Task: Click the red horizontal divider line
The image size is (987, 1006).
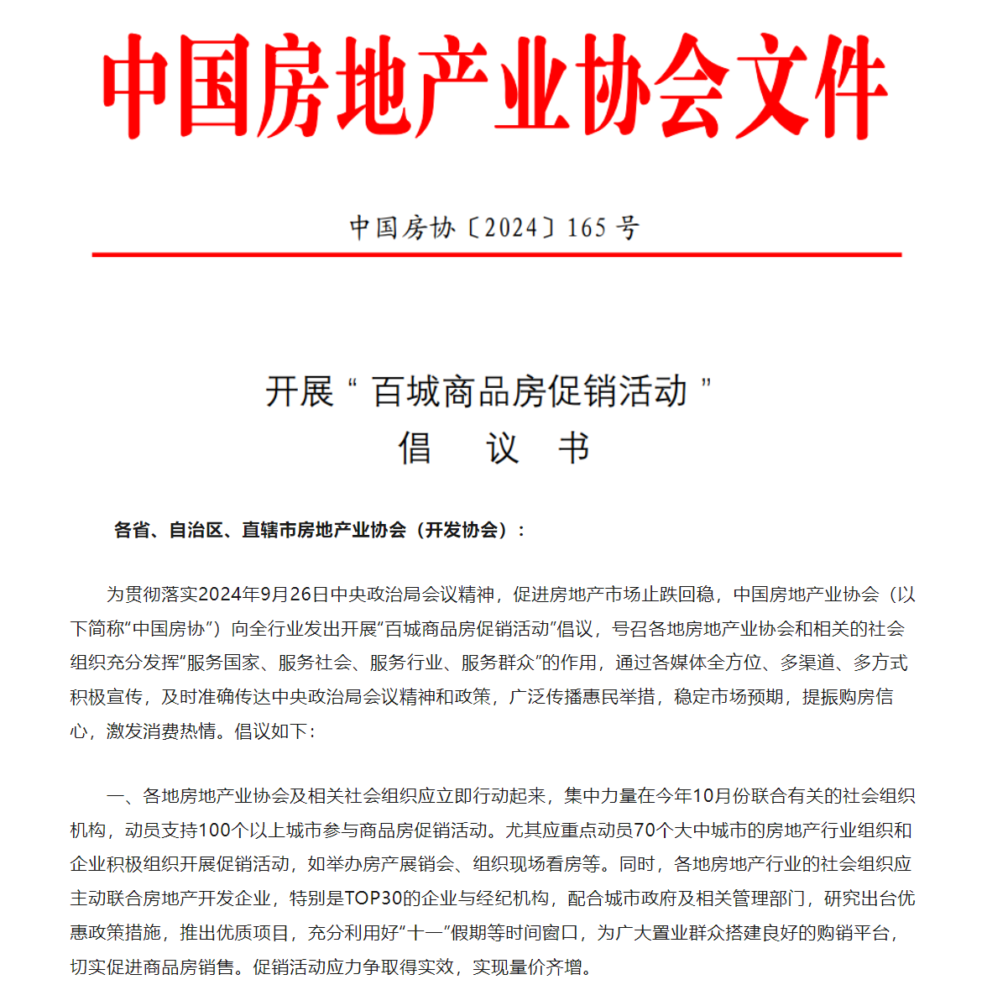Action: click(x=496, y=254)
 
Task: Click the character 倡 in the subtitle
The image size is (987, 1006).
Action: click(x=415, y=448)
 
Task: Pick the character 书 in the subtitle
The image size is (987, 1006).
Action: click(x=574, y=448)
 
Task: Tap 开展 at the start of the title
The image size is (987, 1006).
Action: click(x=299, y=392)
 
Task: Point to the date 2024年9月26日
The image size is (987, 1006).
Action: click(x=264, y=595)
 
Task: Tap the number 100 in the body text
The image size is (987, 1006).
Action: click(x=215, y=830)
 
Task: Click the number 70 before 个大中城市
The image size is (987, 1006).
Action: click(x=645, y=830)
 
